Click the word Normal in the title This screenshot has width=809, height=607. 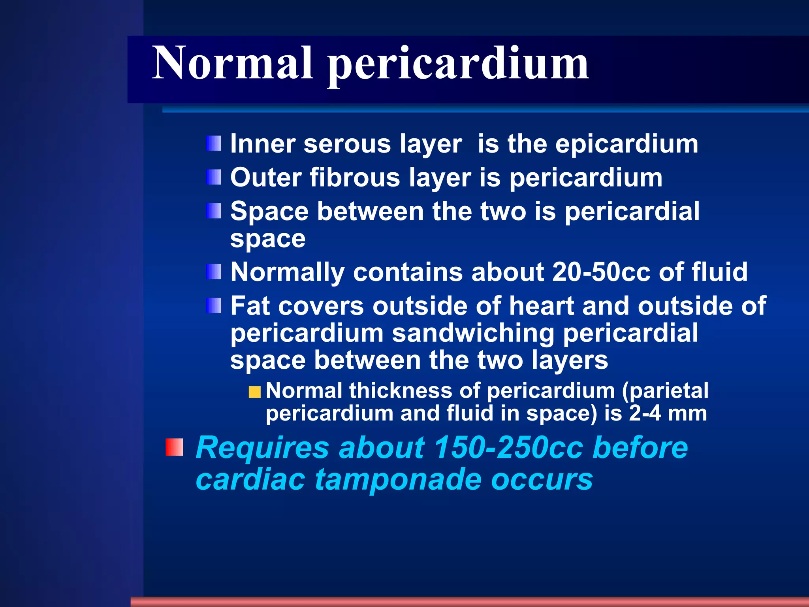click(233, 63)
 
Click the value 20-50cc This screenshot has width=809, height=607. click(601, 272)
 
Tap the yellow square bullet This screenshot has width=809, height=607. click(255, 392)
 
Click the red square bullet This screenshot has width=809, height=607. click(174, 447)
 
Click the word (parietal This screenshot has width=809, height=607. click(665, 391)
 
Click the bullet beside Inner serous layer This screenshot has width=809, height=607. click(214, 143)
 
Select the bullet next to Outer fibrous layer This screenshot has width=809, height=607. click(214, 177)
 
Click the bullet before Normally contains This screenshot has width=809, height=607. click(214, 272)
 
